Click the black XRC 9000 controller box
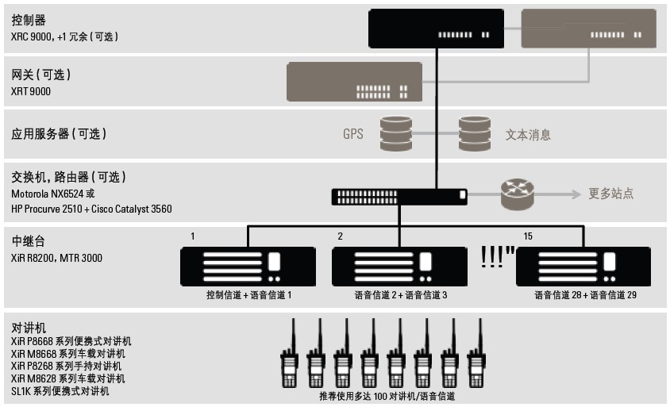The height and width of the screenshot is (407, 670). [x=436, y=28]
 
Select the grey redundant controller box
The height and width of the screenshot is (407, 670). [x=588, y=28]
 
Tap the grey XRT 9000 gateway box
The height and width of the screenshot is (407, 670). [x=355, y=82]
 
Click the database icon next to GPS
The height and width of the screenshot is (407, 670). [x=396, y=133]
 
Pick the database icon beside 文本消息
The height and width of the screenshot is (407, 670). [x=474, y=133]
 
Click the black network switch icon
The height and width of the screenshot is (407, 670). [x=399, y=194]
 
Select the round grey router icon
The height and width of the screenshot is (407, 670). [x=518, y=194]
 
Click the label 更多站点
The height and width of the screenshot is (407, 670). [x=610, y=194]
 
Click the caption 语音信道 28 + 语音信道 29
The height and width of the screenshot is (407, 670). [x=586, y=294]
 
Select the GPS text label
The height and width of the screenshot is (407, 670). [x=352, y=134]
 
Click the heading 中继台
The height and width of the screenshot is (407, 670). [x=29, y=241]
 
